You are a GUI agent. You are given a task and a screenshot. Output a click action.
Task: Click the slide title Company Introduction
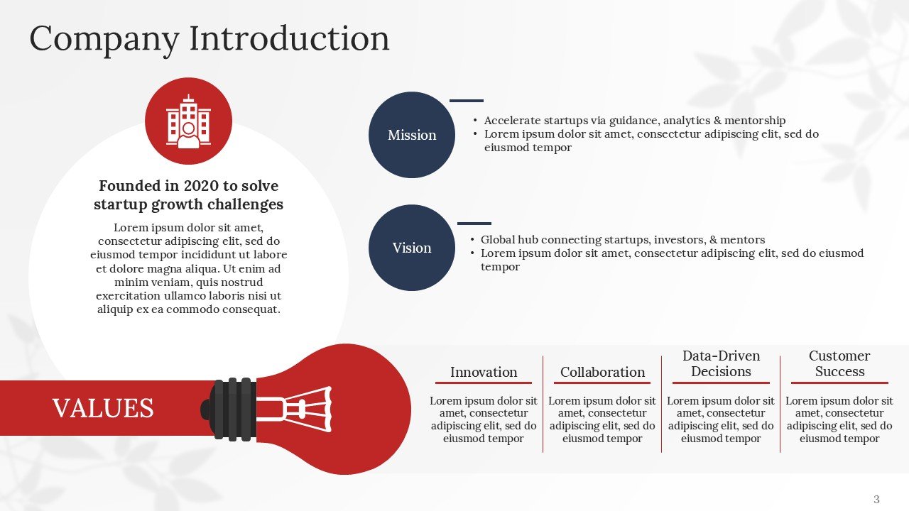pyautogui.click(x=209, y=38)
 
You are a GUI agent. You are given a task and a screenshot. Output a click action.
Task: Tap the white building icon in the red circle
pyautogui.click(x=188, y=122)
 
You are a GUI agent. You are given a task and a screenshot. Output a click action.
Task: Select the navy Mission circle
pyautogui.click(x=412, y=135)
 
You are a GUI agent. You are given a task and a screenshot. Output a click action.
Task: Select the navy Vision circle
pyautogui.click(x=412, y=248)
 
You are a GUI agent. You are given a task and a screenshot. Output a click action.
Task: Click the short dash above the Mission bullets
pyautogui.click(x=466, y=101)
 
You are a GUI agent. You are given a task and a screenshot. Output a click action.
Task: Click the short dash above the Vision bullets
pyautogui.click(x=474, y=224)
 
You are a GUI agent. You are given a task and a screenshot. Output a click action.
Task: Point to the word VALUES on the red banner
pyautogui.click(x=103, y=409)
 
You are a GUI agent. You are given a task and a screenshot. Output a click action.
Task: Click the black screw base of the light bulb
pyautogui.click(x=234, y=408)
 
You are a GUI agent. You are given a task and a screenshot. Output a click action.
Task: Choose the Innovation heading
pyautogui.click(x=484, y=372)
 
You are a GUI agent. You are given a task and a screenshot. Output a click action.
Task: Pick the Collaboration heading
pyautogui.click(x=602, y=372)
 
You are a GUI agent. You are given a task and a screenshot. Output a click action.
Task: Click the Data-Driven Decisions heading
pyautogui.click(x=721, y=363)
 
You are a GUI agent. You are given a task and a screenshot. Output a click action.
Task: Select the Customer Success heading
pyautogui.click(x=839, y=363)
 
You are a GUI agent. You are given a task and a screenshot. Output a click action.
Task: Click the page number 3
pyautogui.click(x=876, y=499)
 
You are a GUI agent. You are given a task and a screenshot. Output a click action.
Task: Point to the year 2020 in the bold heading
pyautogui.click(x=202, y=186)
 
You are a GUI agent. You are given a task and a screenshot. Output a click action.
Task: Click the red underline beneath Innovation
pyautogui.click(x=484, y=383)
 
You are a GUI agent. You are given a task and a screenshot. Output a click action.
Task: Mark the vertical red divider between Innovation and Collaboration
pyautogui.click(x=543, y=404)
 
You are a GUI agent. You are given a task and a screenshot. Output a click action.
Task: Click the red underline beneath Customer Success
pyautogui.click(x=839, y=383)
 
